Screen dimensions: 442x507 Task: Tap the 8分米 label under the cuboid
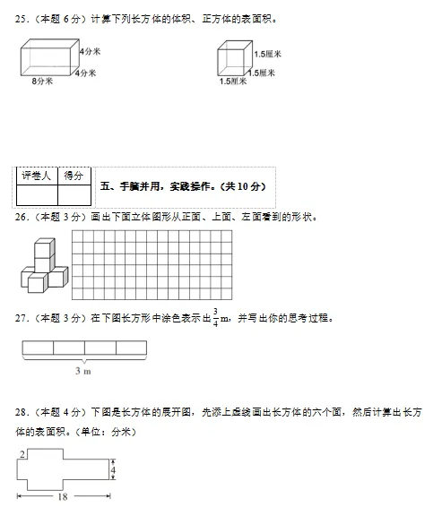[41, 82]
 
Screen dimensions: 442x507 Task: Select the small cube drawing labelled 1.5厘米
[233, 62]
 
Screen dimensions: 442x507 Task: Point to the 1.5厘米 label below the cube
[232, 82]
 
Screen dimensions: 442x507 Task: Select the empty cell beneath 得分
[74, 195]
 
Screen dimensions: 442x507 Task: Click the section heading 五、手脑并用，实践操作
[184, 186]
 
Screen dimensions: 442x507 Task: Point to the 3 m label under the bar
[82, 370]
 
